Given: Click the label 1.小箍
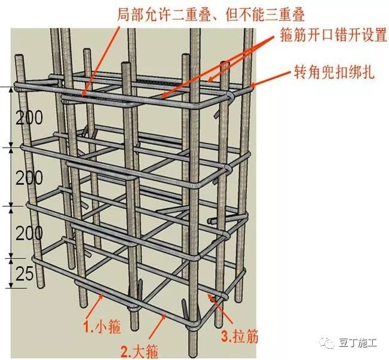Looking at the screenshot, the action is [102, 327].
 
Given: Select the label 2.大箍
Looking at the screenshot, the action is [139, 351].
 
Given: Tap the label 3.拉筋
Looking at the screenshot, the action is [240, 337].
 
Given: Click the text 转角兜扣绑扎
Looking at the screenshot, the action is [334, 72].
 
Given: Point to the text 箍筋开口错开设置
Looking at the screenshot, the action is [333, 35].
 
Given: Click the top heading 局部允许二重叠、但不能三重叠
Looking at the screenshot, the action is [210, 14].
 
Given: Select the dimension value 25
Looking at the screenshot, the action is [24, 274].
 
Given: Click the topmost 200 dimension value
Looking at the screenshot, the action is [29, 117].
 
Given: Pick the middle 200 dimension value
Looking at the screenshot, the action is [29, 178].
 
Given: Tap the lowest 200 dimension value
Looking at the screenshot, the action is [29, 233].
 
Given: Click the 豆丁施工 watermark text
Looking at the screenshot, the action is [358, 343].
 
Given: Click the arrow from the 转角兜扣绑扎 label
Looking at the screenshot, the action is [270, 78].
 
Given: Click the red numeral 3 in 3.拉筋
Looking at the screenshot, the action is [225, 337].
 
